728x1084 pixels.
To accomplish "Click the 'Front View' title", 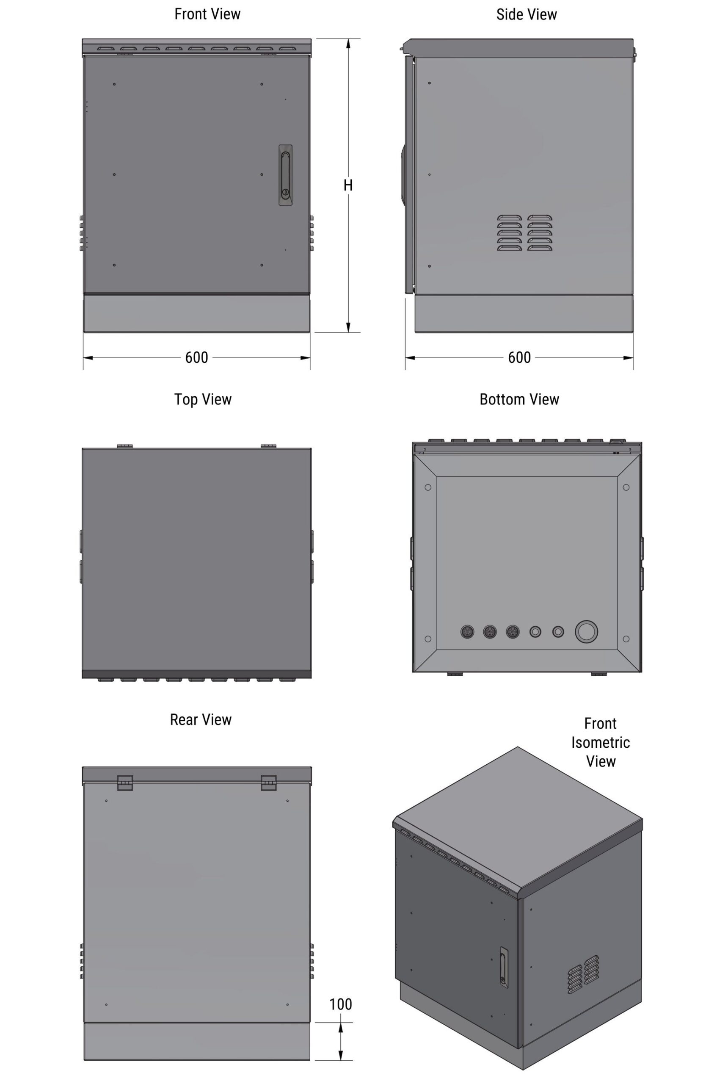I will [x=207, y=14].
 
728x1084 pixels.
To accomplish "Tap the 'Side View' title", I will [x=526, y=15].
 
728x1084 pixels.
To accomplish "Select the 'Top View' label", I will [x=202, y=399].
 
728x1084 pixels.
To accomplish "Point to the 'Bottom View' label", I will [x=519, y=399].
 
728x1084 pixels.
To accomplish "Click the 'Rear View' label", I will [x=201, y=719].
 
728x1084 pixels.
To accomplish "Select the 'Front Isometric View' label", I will [x=600, y=742].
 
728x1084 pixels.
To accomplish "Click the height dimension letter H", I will [x=348, y=186].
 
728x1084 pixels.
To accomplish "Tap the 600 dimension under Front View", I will [x=196, y=358].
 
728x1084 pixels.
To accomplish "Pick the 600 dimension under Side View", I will [x=519, y=358].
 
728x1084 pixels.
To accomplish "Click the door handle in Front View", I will [x=286, y=175].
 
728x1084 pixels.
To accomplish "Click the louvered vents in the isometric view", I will [x=583, y=974].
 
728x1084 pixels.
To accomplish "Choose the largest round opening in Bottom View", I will [x=586, y=632].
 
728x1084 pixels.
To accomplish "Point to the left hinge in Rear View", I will [x=125, y=783].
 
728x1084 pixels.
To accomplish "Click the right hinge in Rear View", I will [x=268, y=783].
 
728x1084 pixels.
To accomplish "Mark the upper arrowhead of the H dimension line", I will [x=348, y=44].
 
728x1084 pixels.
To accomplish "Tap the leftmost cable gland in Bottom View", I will [x=467, y=632].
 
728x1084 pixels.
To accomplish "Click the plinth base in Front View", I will [x=196, y=313].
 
